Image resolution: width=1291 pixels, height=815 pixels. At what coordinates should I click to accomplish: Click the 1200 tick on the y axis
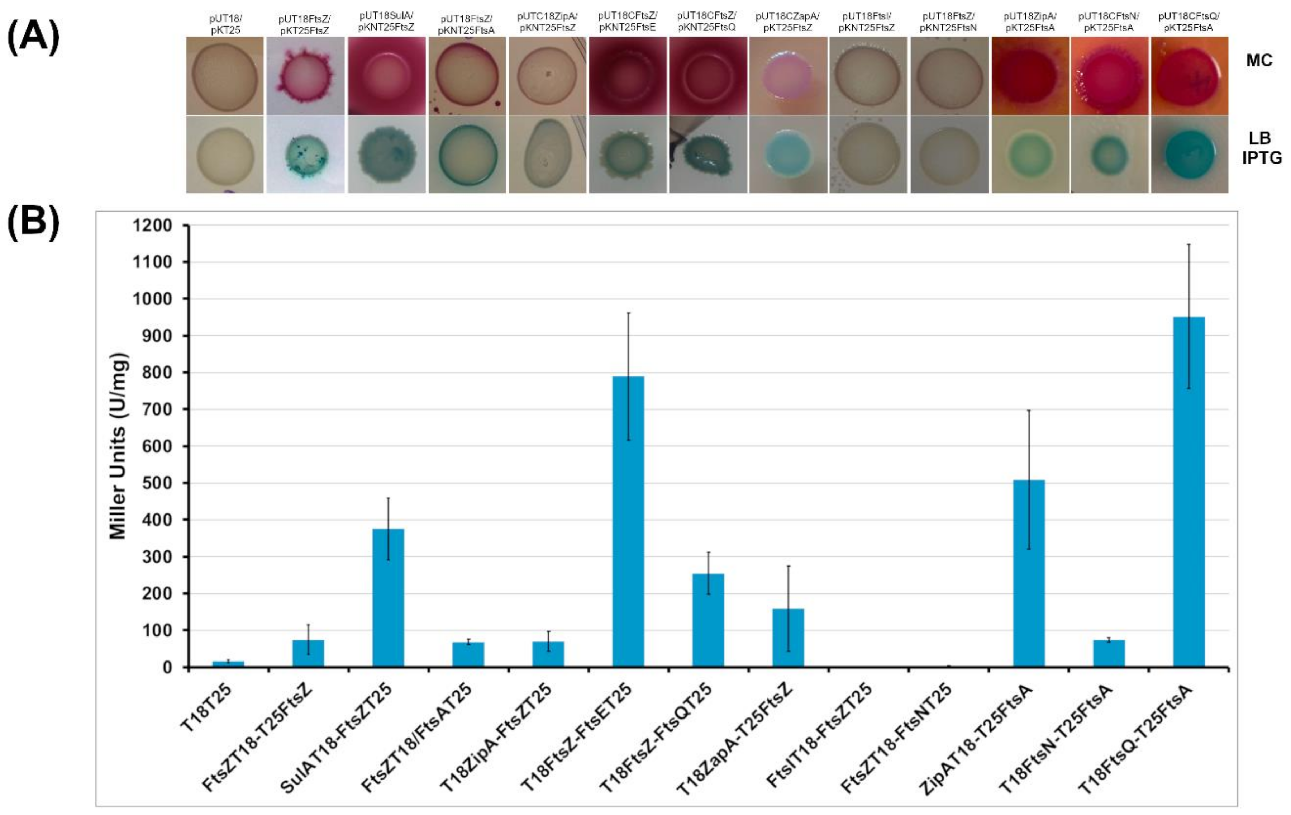click(x=152, y=226)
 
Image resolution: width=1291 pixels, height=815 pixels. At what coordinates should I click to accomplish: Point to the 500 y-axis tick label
click(x=152, y=483)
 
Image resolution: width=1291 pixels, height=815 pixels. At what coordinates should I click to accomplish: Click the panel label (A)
click(x=33, y=39)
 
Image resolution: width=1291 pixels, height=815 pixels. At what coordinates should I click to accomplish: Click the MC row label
click(x=1259, y=60)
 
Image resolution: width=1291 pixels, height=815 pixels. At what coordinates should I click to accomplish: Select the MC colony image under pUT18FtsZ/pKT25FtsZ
click(x=305, y=76)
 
